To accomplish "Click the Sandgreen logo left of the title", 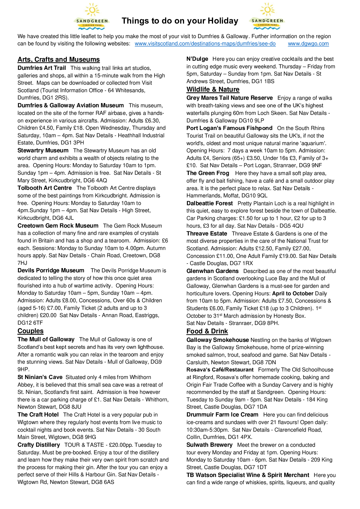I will coord(92,17).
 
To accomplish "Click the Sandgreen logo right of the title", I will coord(267,17).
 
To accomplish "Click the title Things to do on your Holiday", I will coord(180,21).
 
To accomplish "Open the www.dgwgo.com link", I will coord(308,44).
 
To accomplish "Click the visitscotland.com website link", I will coord(205,44).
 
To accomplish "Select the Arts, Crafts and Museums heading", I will coord(59,60).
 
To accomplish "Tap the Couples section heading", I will coord(31,331).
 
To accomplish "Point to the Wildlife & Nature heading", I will coord(213,89).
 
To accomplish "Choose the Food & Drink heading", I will coord(207,331).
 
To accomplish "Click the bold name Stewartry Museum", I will coord(43,151).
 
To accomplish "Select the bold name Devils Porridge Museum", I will coord(51,271).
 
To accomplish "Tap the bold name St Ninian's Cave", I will coord(40,377).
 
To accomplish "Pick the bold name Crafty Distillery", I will coord(39,445).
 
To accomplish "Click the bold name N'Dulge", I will coord(197,59).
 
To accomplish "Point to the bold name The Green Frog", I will coord(208,173).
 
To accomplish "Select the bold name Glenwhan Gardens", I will coord(212,271).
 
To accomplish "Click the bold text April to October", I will coord(293,293).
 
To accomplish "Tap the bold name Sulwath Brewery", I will coord(209,445).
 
